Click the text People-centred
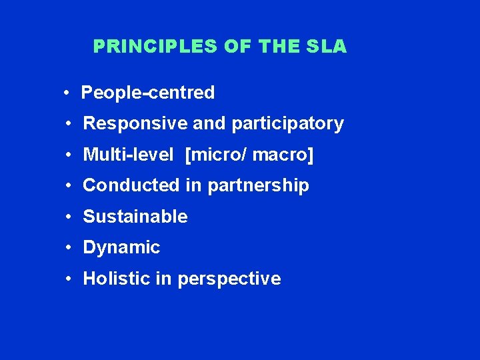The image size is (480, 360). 147,93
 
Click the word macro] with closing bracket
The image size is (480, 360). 283,155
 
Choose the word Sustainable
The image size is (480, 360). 135,217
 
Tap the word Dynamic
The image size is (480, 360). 121,248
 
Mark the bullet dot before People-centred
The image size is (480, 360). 68,93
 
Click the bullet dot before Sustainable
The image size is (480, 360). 69,217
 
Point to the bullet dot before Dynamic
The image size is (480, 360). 69,247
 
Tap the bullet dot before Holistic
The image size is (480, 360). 69,279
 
